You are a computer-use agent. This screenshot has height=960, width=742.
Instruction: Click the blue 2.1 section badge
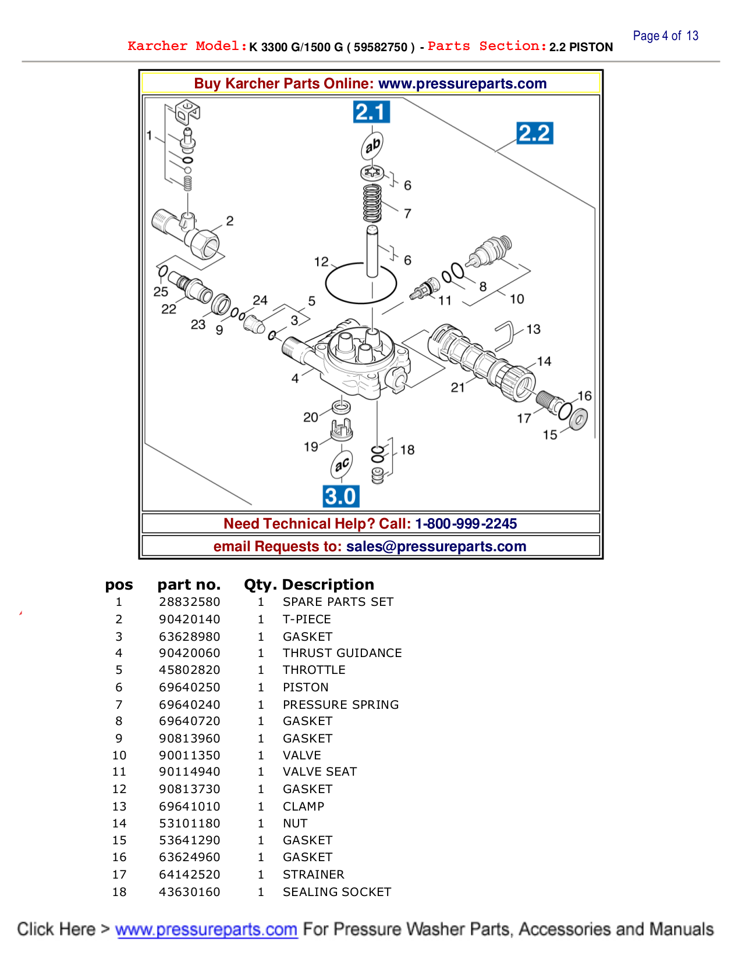coord(371,112)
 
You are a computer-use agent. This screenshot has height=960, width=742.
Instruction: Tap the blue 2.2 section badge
coord(534,133)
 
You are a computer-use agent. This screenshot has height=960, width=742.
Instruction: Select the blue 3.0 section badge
coord(341,497)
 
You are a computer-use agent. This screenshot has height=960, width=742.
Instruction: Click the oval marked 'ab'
coord(372,145)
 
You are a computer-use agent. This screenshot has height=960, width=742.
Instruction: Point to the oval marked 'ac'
coord(342,464)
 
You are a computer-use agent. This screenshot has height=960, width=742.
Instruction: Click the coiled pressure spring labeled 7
coord(372,203)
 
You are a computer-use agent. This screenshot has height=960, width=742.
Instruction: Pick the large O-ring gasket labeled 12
coord(361,283)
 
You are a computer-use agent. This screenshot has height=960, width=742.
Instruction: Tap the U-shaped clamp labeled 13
coord(505,336)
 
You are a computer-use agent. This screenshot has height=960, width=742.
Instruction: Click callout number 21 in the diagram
coord(458,387)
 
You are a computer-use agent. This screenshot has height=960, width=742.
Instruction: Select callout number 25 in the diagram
coord(161,291)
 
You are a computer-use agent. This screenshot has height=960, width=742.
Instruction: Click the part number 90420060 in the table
coord(190,653)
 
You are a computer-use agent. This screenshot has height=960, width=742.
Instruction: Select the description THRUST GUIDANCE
coord(342,653)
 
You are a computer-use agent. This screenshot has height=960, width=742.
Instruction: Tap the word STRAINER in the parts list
coord(313,875)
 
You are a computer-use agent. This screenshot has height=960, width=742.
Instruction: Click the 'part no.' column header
coord(189,584)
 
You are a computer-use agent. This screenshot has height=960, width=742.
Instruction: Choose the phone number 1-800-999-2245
coord(466,523)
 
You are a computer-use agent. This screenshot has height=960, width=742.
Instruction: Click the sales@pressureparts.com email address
coord(436,547)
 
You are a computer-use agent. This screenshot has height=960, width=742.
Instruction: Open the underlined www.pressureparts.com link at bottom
coord(206,929)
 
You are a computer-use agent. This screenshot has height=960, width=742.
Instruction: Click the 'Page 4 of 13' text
coord(665,36)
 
